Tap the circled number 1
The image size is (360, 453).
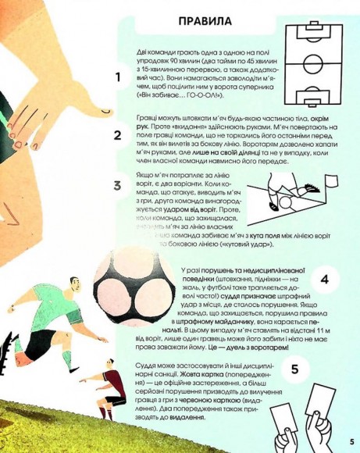tap(118, 77)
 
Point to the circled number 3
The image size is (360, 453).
tap(118, 186)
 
